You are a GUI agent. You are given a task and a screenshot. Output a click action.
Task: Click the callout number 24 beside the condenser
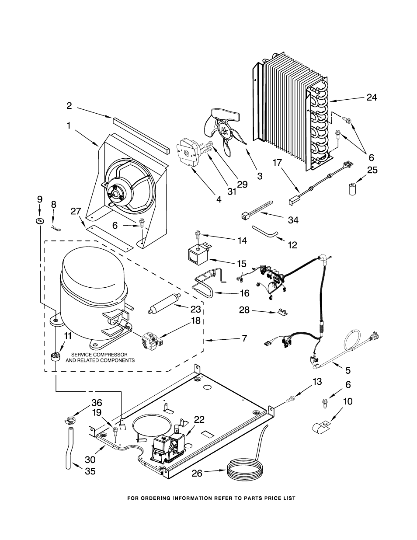[372, 98]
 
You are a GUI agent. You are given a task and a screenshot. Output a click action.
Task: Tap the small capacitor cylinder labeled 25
[352, 189]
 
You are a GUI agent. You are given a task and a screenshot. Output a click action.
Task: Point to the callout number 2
[69, 106]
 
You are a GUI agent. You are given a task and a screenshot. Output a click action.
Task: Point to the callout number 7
[244, 338]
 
